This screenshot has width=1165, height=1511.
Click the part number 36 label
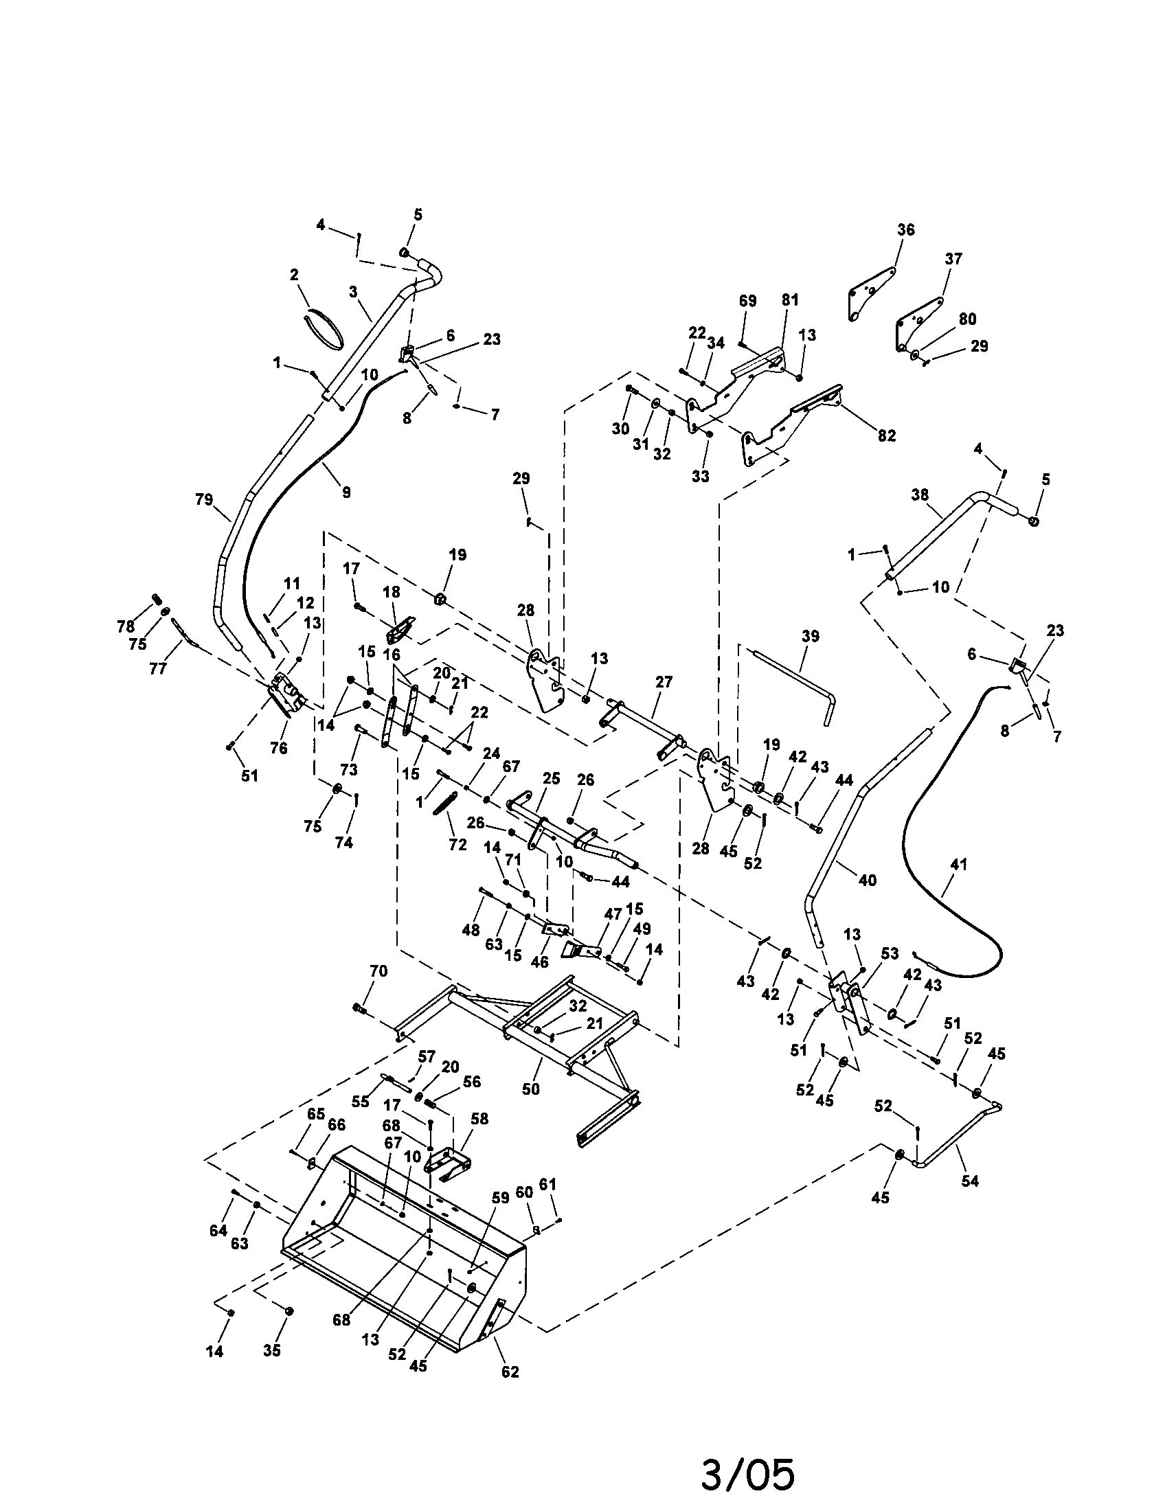[905, 229]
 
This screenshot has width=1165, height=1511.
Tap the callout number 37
[953, 259]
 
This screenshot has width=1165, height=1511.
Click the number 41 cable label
[959, 864]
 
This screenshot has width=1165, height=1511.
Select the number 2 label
[294, 275]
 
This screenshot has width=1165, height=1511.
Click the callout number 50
[530, 1089]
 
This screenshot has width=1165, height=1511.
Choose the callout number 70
[378, 970]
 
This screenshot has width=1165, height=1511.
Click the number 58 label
[479, 1119]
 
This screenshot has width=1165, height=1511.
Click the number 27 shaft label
[664, 681]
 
